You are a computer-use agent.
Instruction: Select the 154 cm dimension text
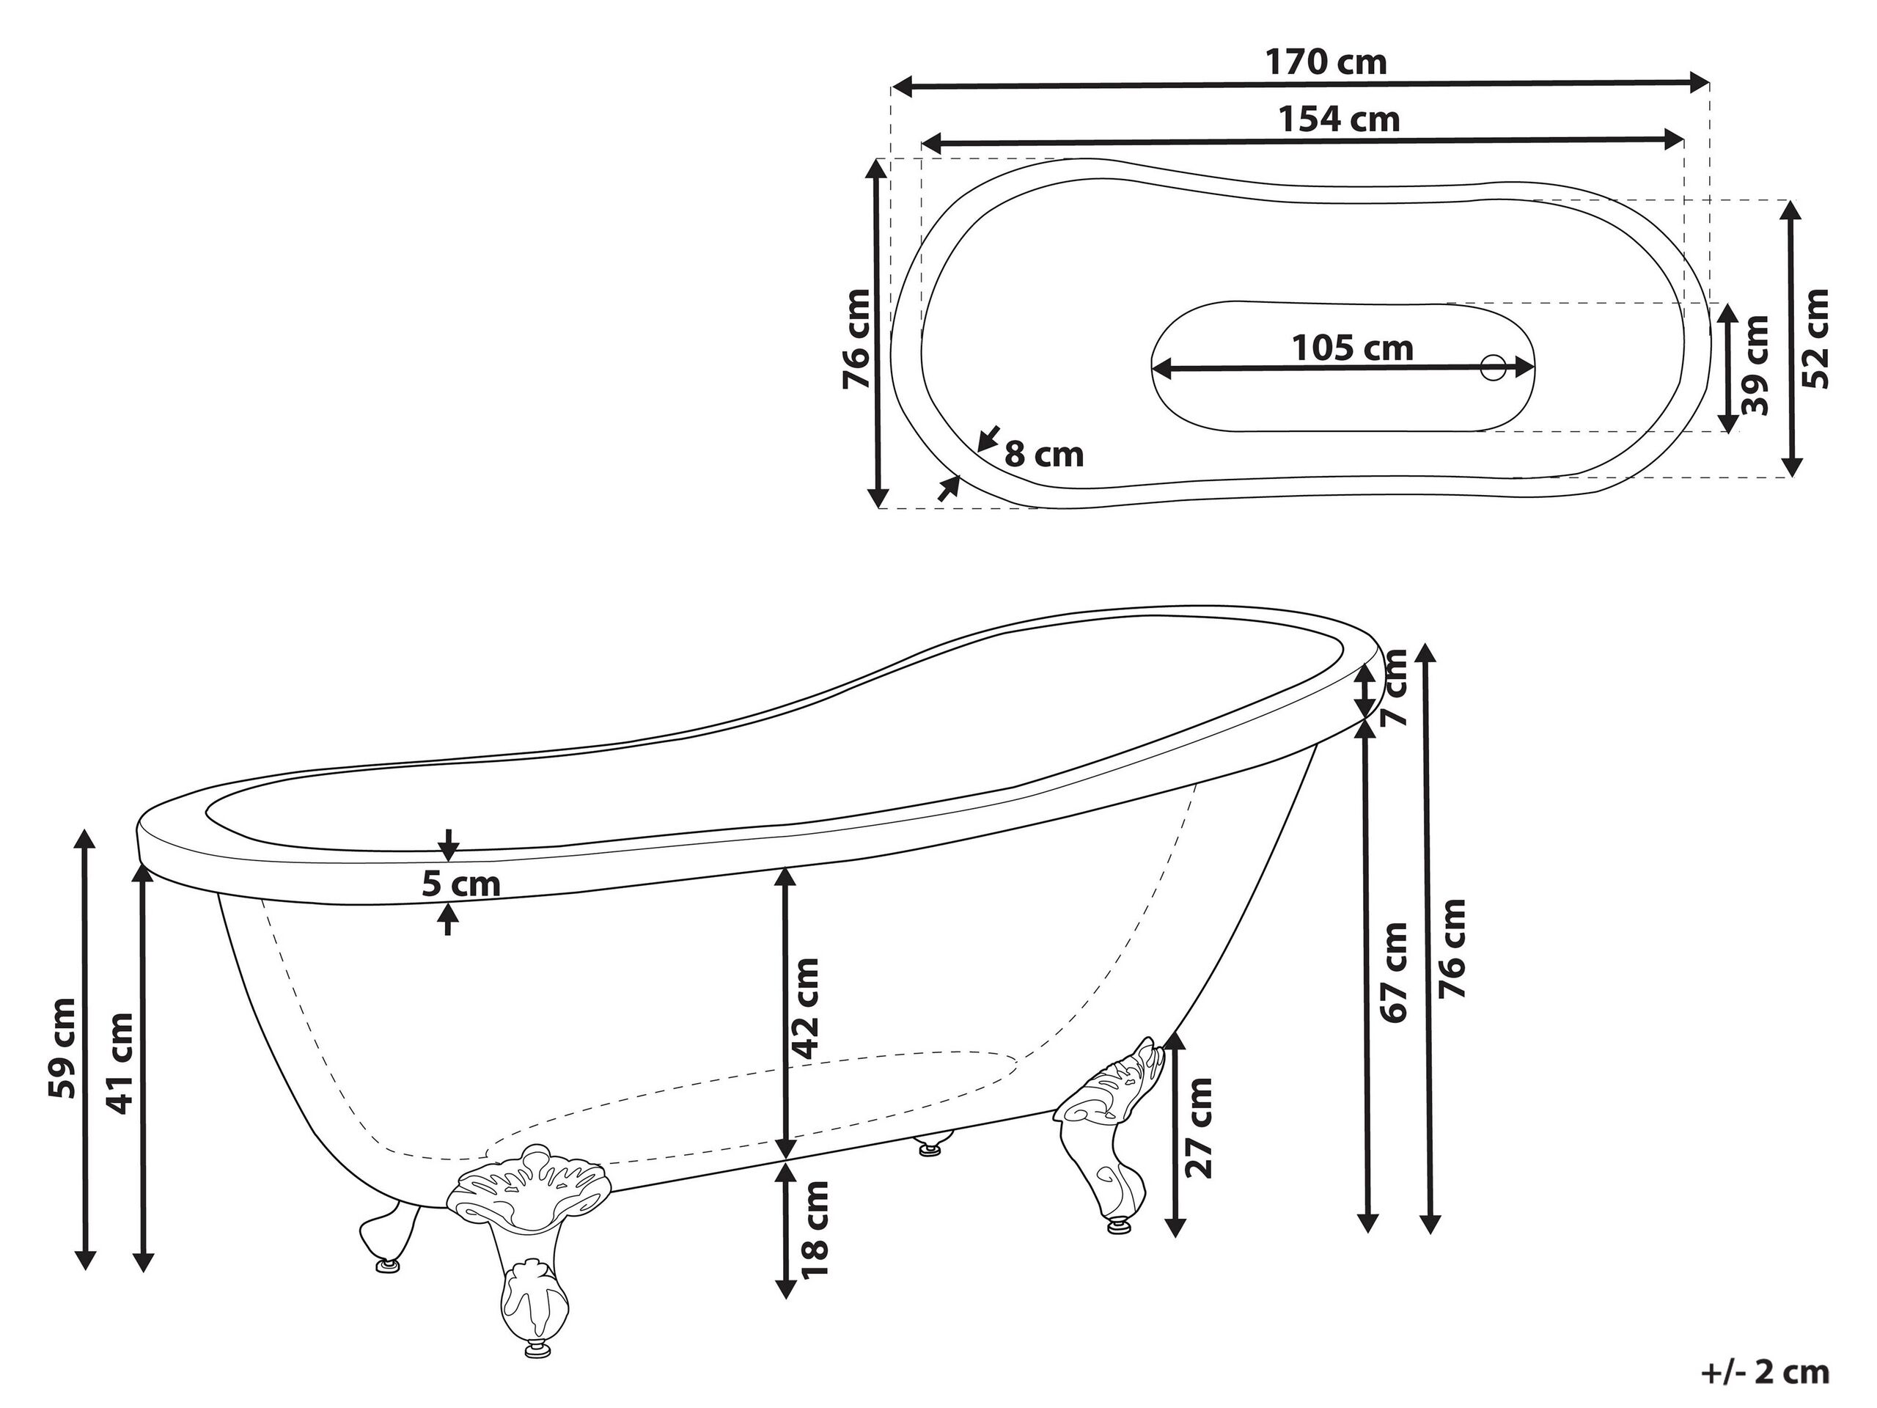coord(1339,120)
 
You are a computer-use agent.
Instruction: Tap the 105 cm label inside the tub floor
coord(1352,348)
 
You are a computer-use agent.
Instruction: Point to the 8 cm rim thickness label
coord(1044,455)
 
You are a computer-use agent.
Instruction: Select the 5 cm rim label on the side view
coord(460,884)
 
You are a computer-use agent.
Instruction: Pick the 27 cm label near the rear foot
coord(1198,1128)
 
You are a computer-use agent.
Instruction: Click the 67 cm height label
coord(1394,972)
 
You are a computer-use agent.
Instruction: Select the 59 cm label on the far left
coord(63,1048)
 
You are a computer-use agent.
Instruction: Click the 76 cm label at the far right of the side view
coord(1452,949)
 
